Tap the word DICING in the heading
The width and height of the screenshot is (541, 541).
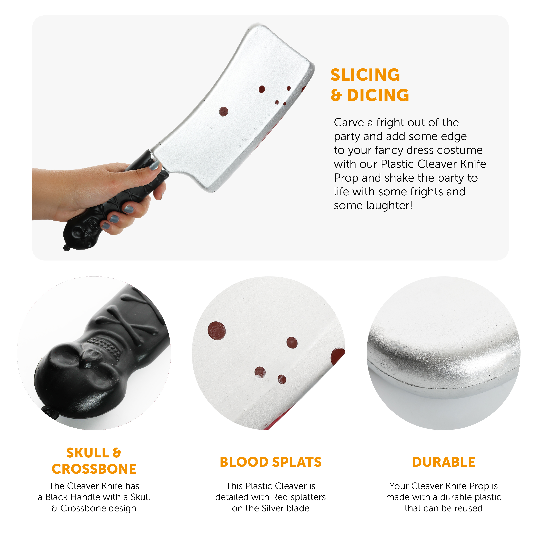coord(378,95)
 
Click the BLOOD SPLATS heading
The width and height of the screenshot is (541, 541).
coord(270,462)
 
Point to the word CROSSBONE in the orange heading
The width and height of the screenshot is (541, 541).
coord(94,469)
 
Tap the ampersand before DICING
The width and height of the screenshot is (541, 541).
coord(336,95)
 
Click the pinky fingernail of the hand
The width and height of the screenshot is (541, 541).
coord(106,226)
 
